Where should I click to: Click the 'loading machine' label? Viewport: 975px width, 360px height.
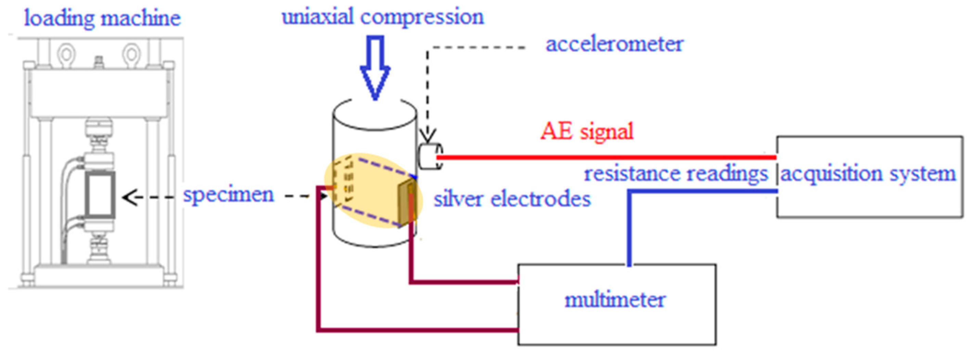click(102, 18)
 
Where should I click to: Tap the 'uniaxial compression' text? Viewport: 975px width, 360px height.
click(383, 17)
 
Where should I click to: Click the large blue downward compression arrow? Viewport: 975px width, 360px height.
click(375, 68)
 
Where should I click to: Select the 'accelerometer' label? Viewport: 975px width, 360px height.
click(614, 44)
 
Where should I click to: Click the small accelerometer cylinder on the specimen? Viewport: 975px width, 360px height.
click(430, 156)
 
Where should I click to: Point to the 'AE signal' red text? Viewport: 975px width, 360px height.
click(587, 131)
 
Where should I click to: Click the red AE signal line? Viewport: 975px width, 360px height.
click(606, 157)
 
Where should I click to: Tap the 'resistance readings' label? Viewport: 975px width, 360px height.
click(676, 174)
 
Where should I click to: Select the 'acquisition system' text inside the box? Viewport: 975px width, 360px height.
click(868, 174)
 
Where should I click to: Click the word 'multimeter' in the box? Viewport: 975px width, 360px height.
click(615, 300)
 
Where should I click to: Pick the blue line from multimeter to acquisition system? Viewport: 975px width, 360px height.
click(629, 227)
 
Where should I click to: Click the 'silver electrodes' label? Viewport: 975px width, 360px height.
click(512, 199)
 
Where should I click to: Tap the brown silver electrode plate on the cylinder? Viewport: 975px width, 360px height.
click(408, 203)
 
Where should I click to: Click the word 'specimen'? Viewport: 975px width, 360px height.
click(228, 195)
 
